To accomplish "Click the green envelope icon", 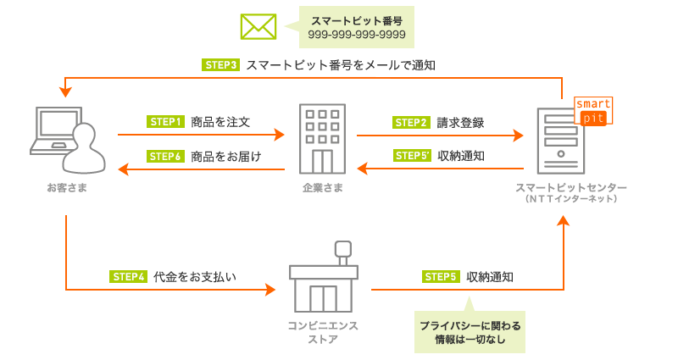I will click(258, 26).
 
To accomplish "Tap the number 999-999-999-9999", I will click(357, 36).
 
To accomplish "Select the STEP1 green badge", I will click(166, 121).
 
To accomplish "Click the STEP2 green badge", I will click(412, 121).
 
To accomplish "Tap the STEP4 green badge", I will click(130, 276).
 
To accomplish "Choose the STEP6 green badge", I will click(166, 156).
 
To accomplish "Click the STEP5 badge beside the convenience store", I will click(441, 276).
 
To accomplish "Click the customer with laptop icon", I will click(67, 139).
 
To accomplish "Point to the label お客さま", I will click(67, 187).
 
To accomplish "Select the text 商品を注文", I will click(220, 121).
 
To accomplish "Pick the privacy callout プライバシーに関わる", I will click(470, 325).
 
